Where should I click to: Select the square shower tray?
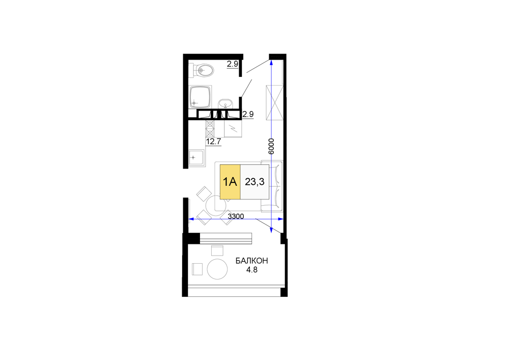tap(200, 97)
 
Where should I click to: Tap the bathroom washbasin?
tap(225, 104)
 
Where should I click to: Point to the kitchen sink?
tap(196, 158)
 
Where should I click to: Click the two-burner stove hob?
tap(210, 128)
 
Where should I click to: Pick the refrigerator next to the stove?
tap(233, 128)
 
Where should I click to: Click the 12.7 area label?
tap(213, 142)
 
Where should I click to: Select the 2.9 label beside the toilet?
tap(233, 64)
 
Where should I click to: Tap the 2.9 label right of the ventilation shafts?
tap(248, 114)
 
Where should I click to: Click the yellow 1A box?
tap(230, 182)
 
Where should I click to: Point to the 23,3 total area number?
tap(254, 182)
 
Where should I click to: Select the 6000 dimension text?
tap(271, 146)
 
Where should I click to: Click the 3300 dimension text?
tap(236, 216)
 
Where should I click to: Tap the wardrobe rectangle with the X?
tap(274, 102)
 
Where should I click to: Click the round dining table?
tap(215, 205)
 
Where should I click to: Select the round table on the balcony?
tap(217, 269)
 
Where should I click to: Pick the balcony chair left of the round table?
tap(197, 269)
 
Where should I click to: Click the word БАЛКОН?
tap(251, 261)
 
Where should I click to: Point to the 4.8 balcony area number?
tap(251, 270)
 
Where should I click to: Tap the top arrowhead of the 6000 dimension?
tap(271, 62)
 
